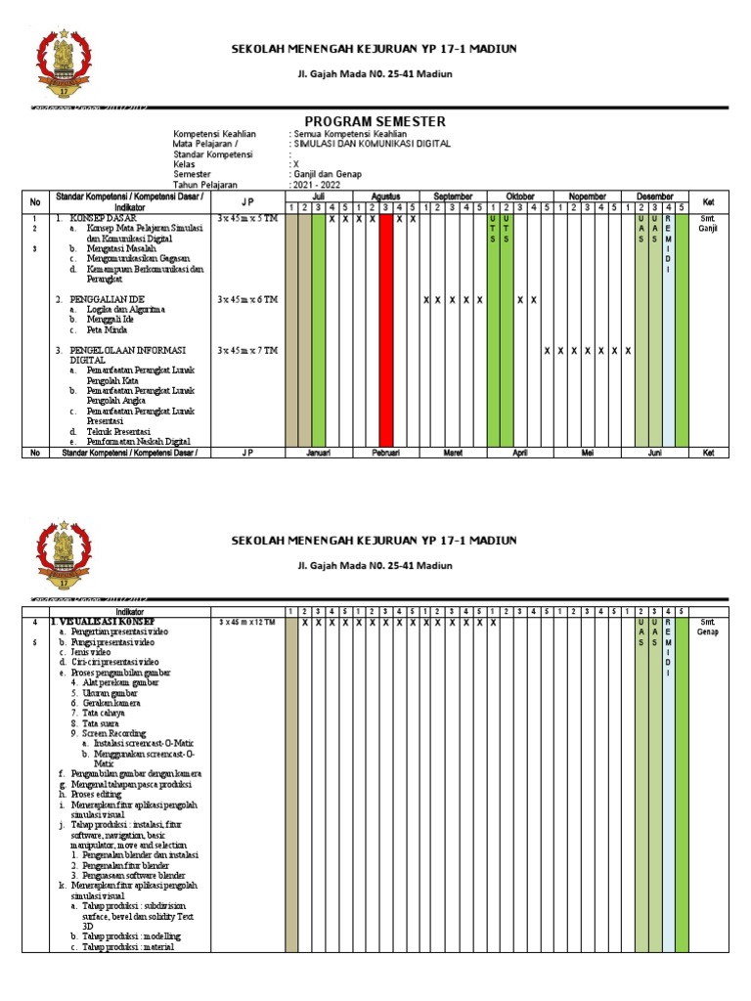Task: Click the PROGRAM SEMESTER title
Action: coord(376,121)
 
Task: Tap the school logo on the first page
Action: coord(68,68)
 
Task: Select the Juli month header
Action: coord(318,196)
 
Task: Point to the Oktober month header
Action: coord(519,196)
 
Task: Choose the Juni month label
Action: coord(655,453)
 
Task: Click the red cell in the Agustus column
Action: coord(386,327)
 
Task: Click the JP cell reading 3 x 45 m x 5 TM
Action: coord(247,218)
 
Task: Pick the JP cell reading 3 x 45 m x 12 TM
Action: coord(248,622)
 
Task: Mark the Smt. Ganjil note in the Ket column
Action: coord(708,223)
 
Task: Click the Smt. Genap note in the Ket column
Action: coord(708,627)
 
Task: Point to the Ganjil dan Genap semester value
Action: coord(326,174)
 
